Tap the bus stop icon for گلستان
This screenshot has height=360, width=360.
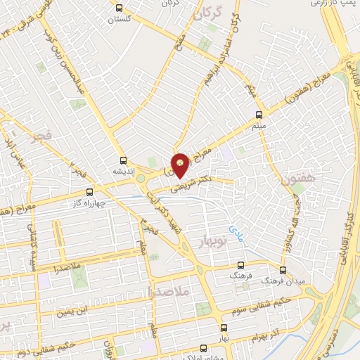click(x=118, y=8)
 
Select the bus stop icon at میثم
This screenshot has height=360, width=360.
click(x=259, y=114)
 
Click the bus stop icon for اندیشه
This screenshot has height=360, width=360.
click(x=124, y=160)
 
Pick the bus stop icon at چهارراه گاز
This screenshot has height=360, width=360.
click(x=89, y=192)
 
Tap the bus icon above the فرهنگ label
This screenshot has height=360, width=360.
click(x=240, y=265)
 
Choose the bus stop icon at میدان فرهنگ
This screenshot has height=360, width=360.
click(x=283, y=270)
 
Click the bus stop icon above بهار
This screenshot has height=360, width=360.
click(x=224, y=328)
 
